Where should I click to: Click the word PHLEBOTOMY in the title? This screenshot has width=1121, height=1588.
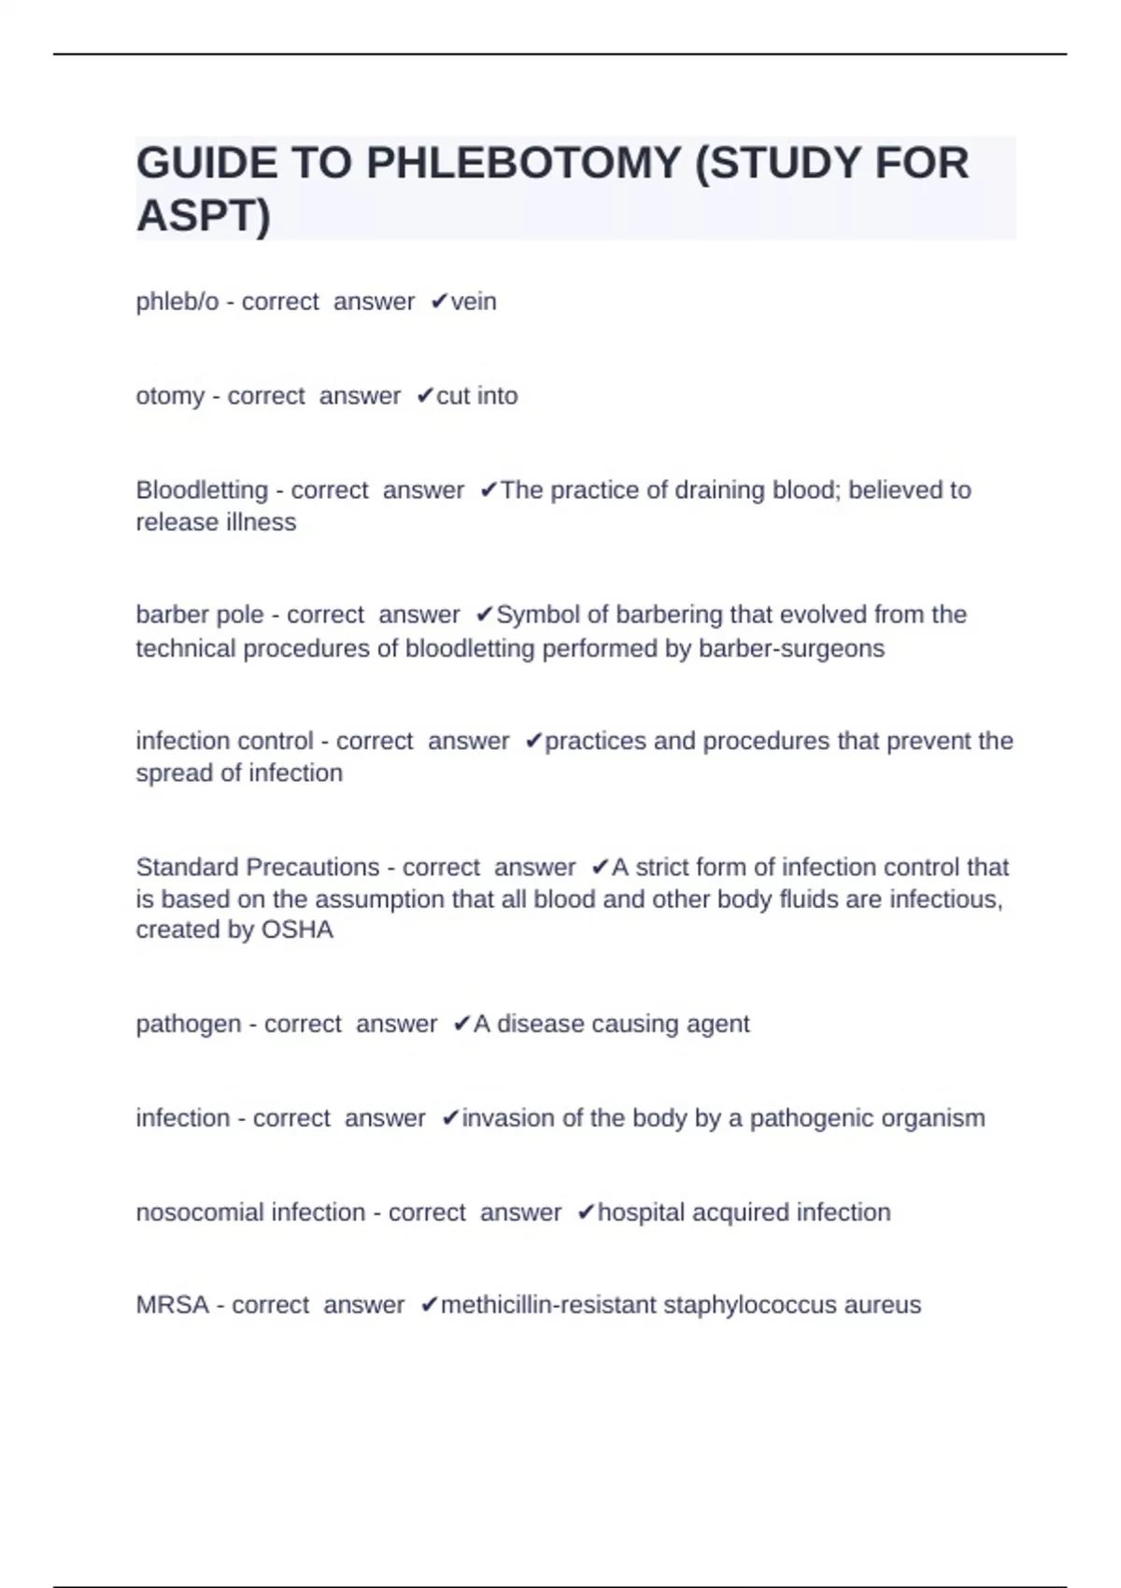coord(523,163)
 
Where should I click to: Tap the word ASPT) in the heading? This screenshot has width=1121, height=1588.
coord(203,216)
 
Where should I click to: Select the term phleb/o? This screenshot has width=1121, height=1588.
coord(177,302)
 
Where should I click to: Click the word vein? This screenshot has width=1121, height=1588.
coord(474,302)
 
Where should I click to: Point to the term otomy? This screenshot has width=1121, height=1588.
coord(170,396)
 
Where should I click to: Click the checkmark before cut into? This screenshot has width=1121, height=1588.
coord(425,396)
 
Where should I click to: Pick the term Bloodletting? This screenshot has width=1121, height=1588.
coord(202,490)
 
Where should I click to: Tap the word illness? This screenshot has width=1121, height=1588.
coord(261,522)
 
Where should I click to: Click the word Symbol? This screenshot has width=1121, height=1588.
coord(532,615)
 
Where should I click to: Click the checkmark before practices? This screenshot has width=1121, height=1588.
coord(533,741)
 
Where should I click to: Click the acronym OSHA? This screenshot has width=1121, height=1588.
coord(297,930)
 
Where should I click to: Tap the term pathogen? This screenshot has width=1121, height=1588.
coord(189,1024)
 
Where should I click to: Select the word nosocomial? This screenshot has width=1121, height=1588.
coord(200,1212)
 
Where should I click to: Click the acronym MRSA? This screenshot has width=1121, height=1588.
coord(173,1305)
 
